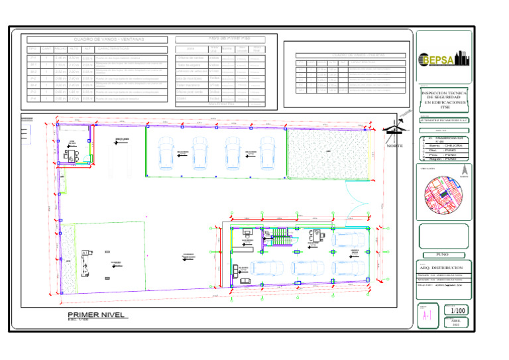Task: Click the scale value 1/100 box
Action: (456, 310)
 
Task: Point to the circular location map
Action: (445, 195)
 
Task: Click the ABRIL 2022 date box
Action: (456, 322)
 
